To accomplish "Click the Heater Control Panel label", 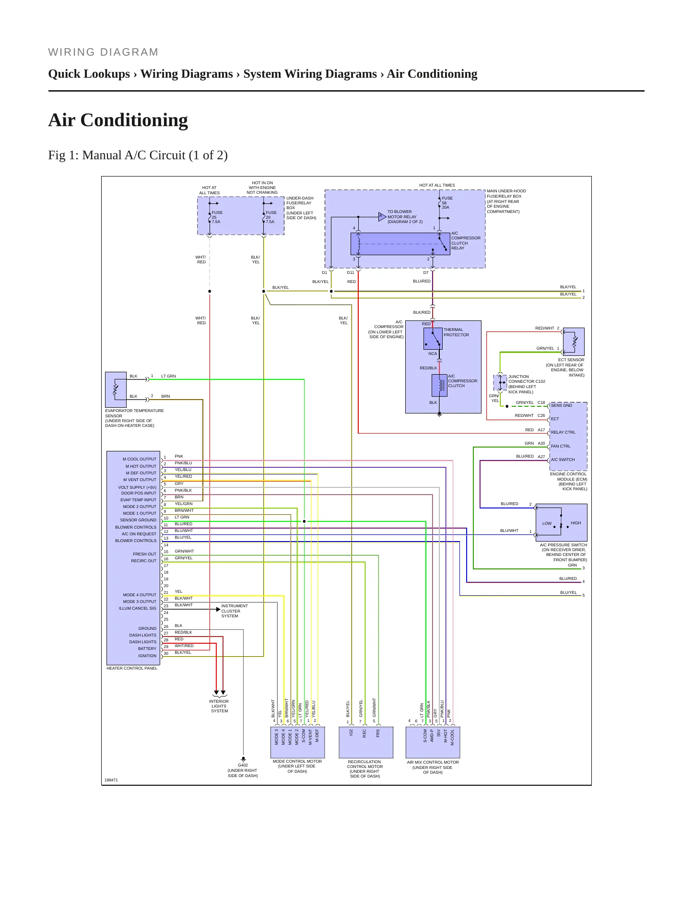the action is (x=132, y=668).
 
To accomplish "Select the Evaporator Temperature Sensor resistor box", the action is (x=116, y=389).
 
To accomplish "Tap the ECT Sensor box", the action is (x=574, y=342).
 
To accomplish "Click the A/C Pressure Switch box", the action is (x=561, y=522).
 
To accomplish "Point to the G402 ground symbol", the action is (x=243, y=759).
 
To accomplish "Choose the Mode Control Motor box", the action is (x=297, y=742).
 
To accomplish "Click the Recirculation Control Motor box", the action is (x=366, y=742).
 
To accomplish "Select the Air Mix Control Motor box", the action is (x=433, y=742).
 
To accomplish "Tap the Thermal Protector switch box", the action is (x=433, y=338).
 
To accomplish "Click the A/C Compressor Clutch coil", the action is (x=439, y=385).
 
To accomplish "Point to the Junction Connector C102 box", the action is (x=500, y=382).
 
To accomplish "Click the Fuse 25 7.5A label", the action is (x=217, y=217).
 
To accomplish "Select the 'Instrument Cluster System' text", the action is (x=235, y=611).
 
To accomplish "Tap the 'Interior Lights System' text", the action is (x=219, y=706).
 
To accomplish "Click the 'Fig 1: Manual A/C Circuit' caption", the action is (x=138, y=155).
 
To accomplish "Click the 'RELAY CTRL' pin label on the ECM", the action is (x=563, y=432).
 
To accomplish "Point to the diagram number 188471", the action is (x=111, y=780).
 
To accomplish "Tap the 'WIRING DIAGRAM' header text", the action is (x=103, y=52).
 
